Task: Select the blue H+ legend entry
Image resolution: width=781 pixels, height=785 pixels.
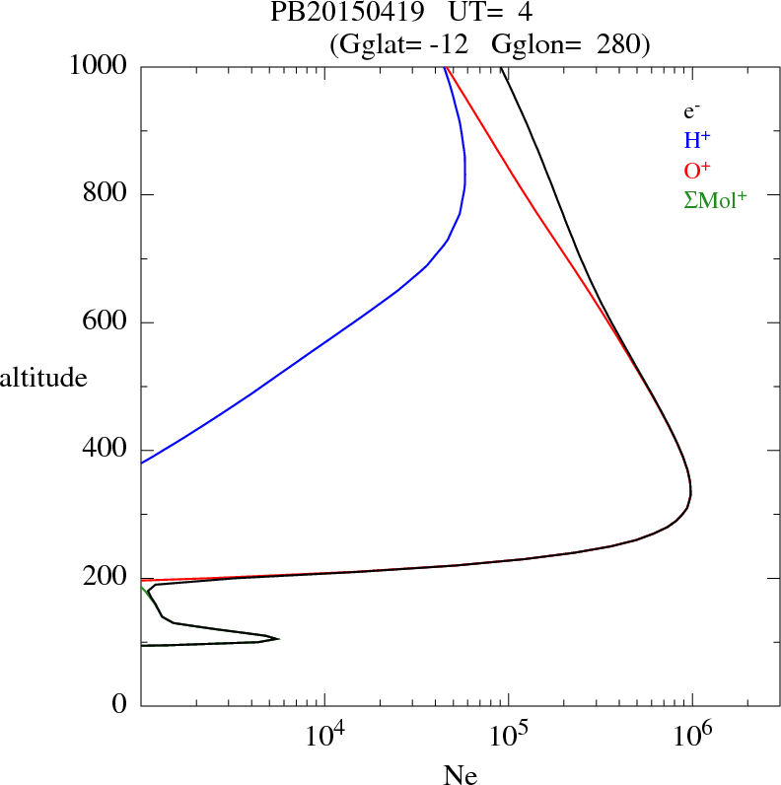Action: pos(697,140)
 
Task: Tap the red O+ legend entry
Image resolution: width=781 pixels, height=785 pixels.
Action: pos(697,170)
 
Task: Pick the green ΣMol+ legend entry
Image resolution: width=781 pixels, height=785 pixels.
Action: pos(715,200)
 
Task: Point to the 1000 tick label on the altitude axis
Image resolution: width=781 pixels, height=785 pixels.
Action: pos(100,66)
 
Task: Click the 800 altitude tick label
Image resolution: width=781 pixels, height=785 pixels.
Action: pos(106,194)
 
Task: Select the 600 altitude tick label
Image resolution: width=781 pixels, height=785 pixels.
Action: pos(106,322)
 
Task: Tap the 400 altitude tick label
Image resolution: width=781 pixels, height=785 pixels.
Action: pos(106,451)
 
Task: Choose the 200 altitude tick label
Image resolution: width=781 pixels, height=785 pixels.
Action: pos(106,578)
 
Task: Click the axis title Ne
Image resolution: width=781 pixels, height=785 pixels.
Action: pos(460,774)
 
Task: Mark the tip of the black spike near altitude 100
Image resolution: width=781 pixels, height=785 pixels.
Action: pos(279,639)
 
